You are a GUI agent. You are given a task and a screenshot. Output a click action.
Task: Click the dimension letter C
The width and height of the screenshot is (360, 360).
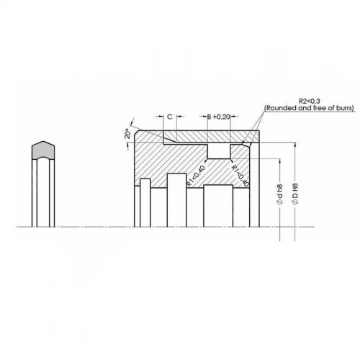click(170, 117)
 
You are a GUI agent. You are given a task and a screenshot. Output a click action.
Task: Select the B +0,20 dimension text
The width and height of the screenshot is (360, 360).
click(219, 117)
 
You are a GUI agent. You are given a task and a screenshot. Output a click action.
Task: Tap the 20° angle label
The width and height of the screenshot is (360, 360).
click(127, 134)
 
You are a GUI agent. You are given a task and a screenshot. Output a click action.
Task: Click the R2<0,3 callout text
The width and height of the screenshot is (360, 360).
click(310, 101)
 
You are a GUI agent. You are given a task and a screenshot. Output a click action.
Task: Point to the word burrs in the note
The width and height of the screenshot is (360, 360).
click(343, 108)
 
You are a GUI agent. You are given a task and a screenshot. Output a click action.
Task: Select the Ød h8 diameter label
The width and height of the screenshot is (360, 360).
click(279, 194)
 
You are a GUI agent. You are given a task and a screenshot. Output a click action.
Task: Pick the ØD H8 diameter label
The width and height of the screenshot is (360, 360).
click(295, 194)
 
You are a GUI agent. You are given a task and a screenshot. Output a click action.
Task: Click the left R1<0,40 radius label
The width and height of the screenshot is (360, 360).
click(196, 176)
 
